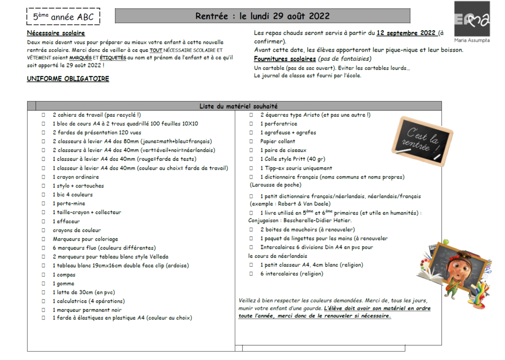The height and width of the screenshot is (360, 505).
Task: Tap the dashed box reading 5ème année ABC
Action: click(63, 17)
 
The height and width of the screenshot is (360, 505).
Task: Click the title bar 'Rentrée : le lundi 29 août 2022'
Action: click(262, 16)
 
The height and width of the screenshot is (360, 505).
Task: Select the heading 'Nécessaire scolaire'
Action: click(56, 33)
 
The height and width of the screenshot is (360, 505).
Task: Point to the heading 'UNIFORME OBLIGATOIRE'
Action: click(68, 78)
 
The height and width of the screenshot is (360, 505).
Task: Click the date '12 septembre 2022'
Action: click(406, 33)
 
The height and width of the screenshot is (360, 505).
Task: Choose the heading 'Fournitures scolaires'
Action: click(285, 59)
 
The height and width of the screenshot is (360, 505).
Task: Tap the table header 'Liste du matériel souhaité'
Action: click(239, 106)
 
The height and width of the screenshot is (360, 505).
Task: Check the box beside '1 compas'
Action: click(43, 275)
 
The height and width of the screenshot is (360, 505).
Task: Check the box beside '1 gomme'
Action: click(43, 284)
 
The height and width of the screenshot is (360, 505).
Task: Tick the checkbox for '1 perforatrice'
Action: click(252, 124)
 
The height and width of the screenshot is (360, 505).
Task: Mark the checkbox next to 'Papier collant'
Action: click(252, 142)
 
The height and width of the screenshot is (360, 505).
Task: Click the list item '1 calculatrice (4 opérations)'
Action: click(89, 301)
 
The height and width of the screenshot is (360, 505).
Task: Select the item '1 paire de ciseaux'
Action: click(283, 150)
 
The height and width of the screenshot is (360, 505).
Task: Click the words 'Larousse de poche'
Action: click(275, 185)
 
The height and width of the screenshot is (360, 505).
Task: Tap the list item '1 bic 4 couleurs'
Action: click(72, 195)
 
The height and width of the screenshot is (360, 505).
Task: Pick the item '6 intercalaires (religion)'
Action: click(291, 274)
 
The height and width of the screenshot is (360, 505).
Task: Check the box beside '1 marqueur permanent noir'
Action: click(43, 310)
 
